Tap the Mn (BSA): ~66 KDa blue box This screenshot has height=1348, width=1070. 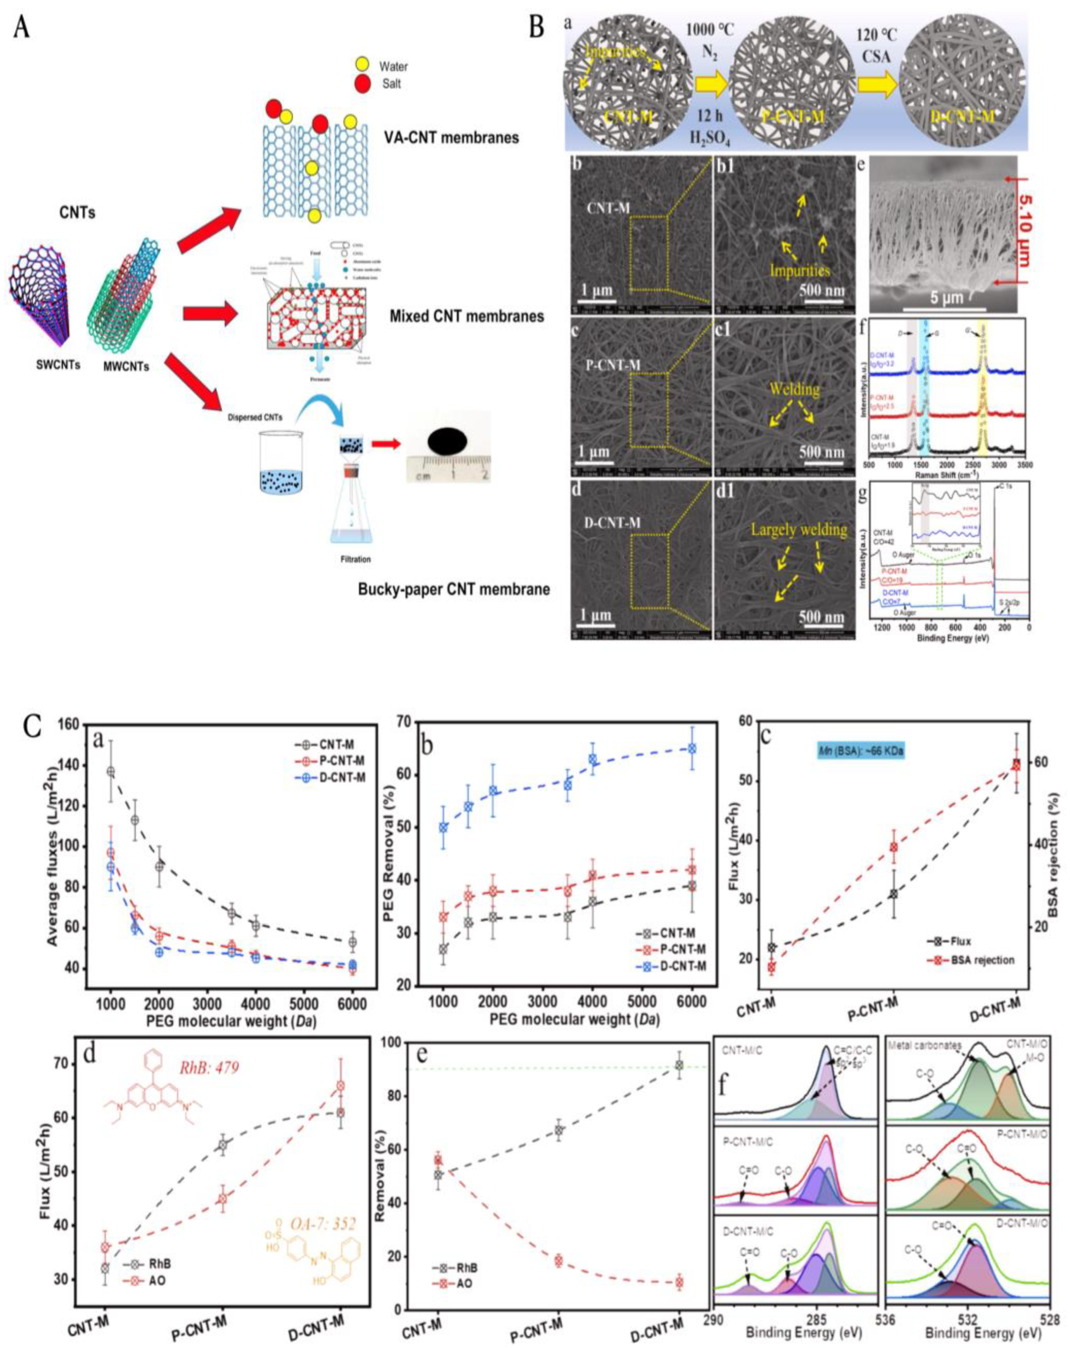tap(862, 750)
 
